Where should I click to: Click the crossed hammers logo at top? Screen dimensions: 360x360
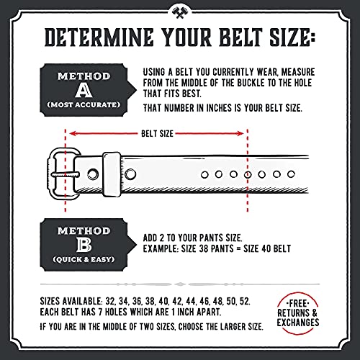[x=179, y=12]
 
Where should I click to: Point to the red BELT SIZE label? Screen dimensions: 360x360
[x=156, y=133]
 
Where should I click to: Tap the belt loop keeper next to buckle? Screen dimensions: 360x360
[x=111, y=174]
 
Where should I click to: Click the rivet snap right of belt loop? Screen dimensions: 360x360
[x=130, y=174]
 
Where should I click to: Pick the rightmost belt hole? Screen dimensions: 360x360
[x=291, y=174]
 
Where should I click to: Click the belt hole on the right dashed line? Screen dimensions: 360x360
[x=248, y=174]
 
